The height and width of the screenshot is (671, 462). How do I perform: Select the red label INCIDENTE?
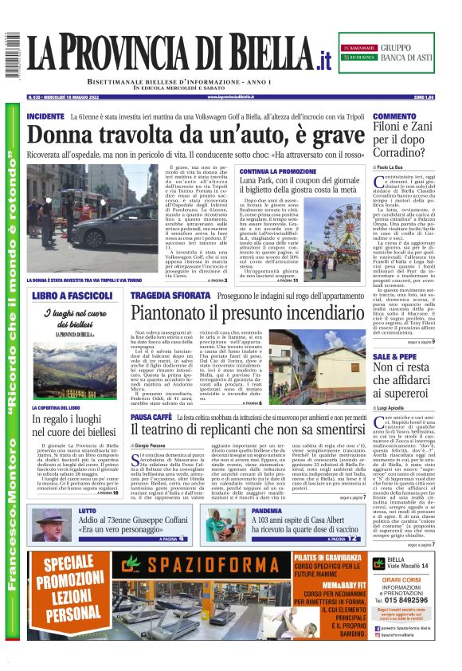[x=45, y=116]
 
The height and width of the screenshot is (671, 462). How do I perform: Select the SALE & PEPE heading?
[x=394, y=355]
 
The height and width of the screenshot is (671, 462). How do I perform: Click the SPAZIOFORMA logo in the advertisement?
[x=204, y=572]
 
